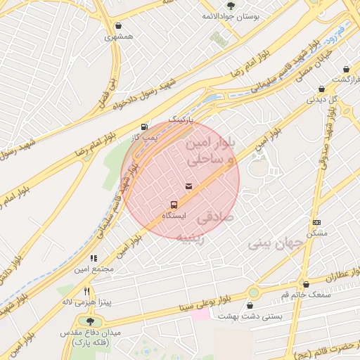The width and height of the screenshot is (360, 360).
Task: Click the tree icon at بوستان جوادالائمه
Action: coord(231,6)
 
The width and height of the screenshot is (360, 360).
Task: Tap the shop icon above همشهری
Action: coord(118,25)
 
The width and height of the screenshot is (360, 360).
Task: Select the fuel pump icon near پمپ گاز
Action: coord(144,127)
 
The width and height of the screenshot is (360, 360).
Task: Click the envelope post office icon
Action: coord(188,186)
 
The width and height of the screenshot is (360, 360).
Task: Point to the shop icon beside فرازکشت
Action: coord(345,70)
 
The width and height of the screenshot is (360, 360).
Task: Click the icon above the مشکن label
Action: coord(316,222)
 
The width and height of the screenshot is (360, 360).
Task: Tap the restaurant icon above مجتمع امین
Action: coord(94,259)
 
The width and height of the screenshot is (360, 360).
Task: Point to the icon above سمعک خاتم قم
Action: coord(305,284)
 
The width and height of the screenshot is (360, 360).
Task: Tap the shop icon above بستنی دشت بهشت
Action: coord(251,306)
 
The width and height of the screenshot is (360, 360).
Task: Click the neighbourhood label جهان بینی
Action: coord(275,243)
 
